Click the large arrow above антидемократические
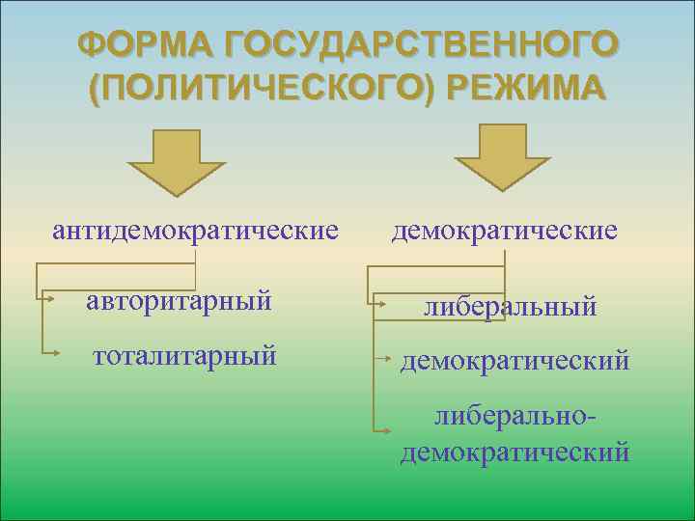(x=178, y=162)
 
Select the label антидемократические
(x=196, y=231)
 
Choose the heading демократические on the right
(x=504, y=231)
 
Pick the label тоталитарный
(x=184, y=355)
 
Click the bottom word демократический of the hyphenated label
(x=514, y=451)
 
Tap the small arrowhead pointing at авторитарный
(x=47, y=300)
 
